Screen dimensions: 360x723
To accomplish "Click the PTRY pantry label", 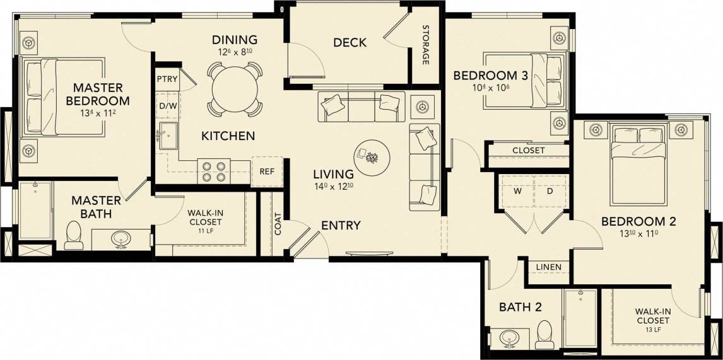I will (167, 79).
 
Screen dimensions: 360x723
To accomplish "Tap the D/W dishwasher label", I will (167, 105).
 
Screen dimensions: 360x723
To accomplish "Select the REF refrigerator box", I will (266, 171).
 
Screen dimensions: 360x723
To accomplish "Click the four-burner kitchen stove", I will (214, 171).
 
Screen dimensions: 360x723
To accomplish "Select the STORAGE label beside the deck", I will (426, 45).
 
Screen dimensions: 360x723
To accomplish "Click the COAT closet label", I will (278, 224).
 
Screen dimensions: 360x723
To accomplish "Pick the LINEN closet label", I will (548, 267).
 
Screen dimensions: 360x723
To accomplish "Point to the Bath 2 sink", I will (510, 337).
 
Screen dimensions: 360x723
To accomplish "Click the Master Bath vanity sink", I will (120, 239).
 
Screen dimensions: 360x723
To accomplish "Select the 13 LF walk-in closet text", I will (652, 330).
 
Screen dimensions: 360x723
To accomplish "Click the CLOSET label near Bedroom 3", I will (528, 151).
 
